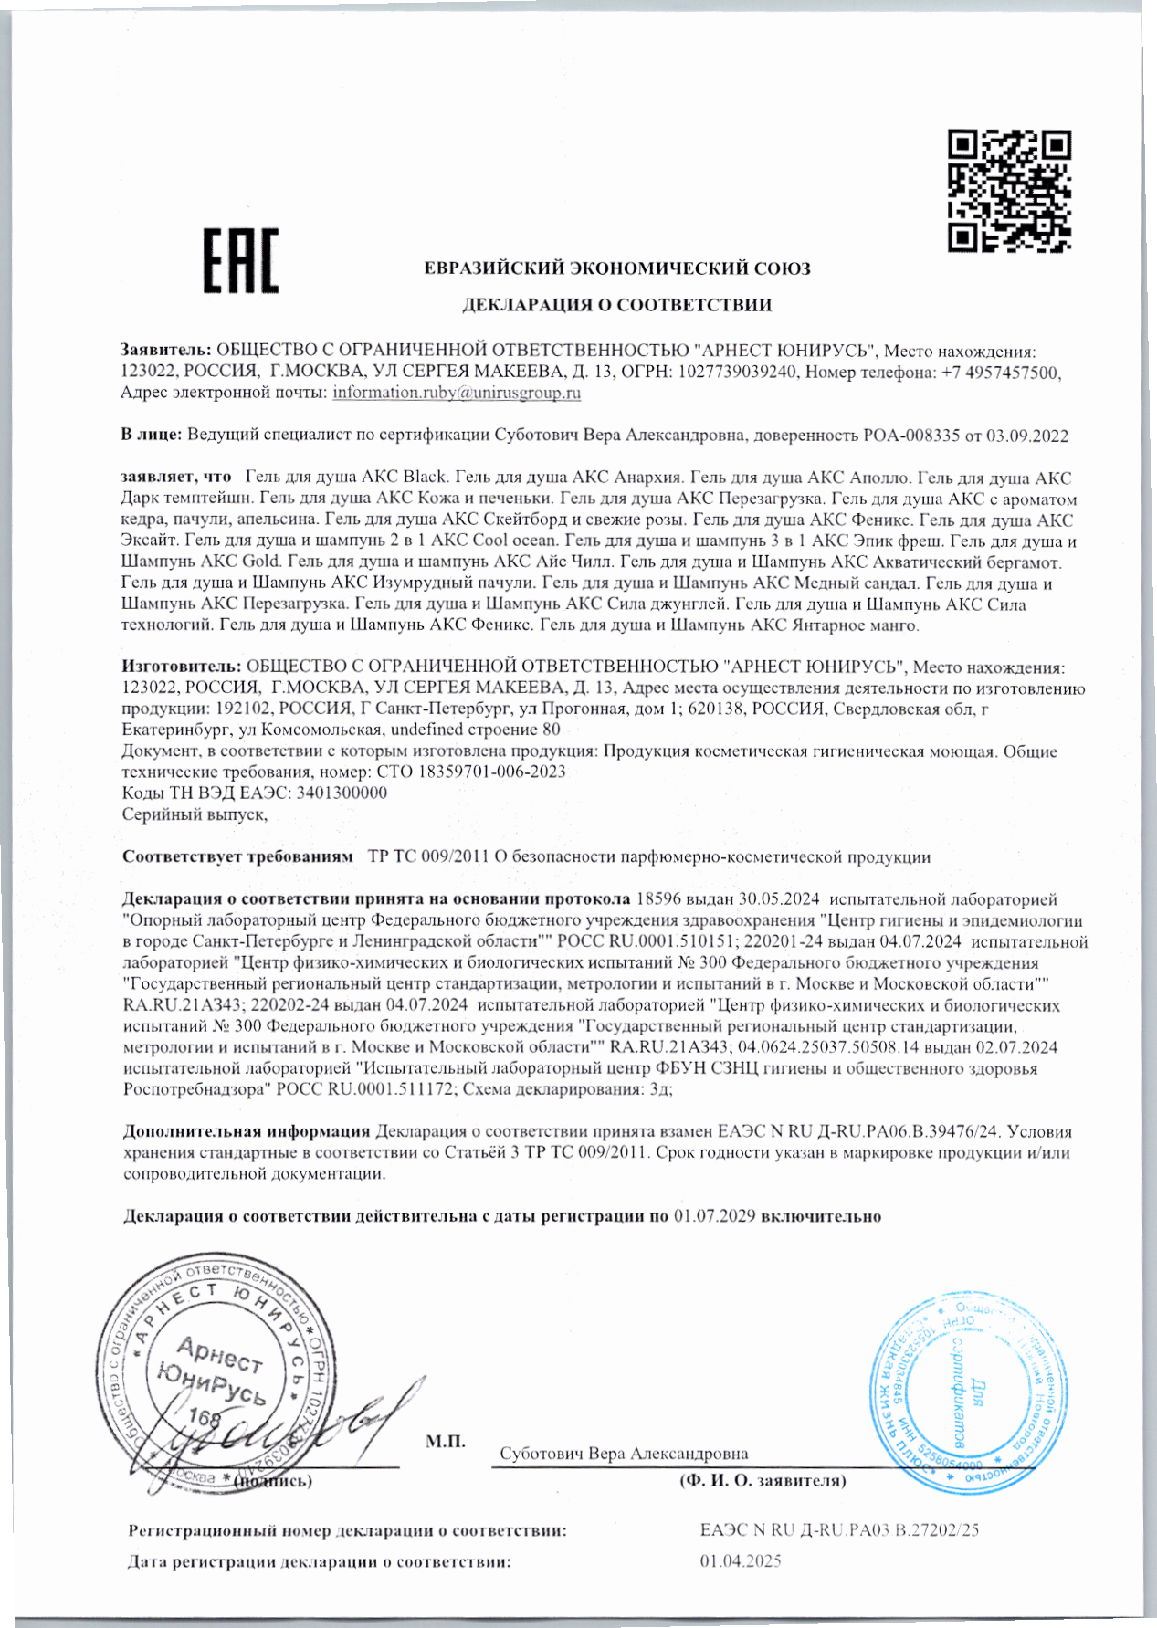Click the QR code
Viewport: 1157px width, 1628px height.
[x=1009, y=190]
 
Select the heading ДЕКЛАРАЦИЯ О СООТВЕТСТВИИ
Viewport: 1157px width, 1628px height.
[x=616, y=305]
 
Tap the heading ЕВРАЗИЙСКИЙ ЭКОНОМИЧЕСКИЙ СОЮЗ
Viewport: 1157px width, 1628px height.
[x=617, y=268]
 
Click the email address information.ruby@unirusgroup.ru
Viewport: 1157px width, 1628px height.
[x=457, y=394]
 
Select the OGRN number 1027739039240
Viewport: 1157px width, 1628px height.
[x=738, y=373]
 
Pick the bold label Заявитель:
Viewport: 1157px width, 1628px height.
[x=166, y=351]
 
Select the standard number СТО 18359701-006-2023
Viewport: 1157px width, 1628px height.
[x=471, y=772]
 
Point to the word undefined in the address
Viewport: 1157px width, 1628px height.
[x=426, y=730]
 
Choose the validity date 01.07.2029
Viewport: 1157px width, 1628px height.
[x=714, y=1216]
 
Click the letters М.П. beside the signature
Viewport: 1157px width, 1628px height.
[x=446, y=1442]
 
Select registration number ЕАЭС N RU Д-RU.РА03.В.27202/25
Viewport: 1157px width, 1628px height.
[x=839, y=1530]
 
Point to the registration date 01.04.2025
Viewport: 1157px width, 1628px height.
[x=741, y=1561]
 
